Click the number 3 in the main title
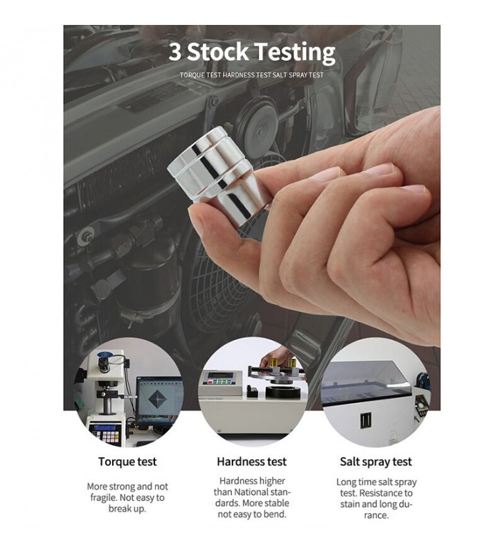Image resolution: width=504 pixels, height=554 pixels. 175,52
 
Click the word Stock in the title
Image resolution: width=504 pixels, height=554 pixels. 217,51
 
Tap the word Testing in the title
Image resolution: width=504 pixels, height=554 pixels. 295,53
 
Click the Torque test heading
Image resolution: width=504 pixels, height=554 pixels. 127,461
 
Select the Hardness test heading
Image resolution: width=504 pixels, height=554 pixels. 252,461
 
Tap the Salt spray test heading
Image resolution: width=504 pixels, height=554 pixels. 376,462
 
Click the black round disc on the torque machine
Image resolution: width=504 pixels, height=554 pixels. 280,391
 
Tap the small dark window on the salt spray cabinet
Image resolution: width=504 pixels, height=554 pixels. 366,420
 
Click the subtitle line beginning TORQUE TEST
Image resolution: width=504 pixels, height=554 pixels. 251,75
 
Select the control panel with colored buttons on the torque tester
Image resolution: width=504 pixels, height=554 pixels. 219,379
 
